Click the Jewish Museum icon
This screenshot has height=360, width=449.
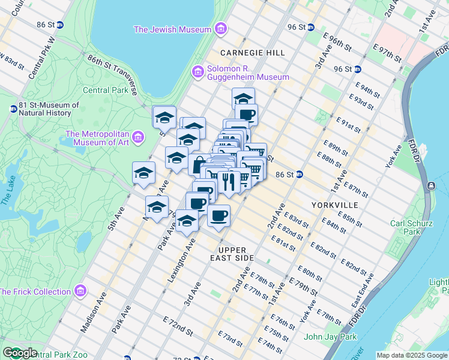(x=221, y=29)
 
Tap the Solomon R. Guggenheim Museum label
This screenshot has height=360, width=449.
(x=249, y=73)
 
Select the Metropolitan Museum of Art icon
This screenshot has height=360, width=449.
(x=139, y=137)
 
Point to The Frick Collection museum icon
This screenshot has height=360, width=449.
(x=80, y=292)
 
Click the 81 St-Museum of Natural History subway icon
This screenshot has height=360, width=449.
(x=13, y=109)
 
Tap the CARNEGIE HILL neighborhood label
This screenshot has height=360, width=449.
(x=252, y=53)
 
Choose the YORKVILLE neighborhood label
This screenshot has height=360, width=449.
(x=334, y=205)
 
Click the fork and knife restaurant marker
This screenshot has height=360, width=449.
(x=228, y=181)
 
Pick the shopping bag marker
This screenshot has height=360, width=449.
(x=199, y=164)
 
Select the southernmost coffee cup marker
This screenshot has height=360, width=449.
(x=219, y=215)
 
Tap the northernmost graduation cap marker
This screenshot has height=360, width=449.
(x=243, y=98)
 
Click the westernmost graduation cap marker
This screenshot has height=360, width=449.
(x=143, y=173)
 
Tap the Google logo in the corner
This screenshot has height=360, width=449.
(x=20, y=353)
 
